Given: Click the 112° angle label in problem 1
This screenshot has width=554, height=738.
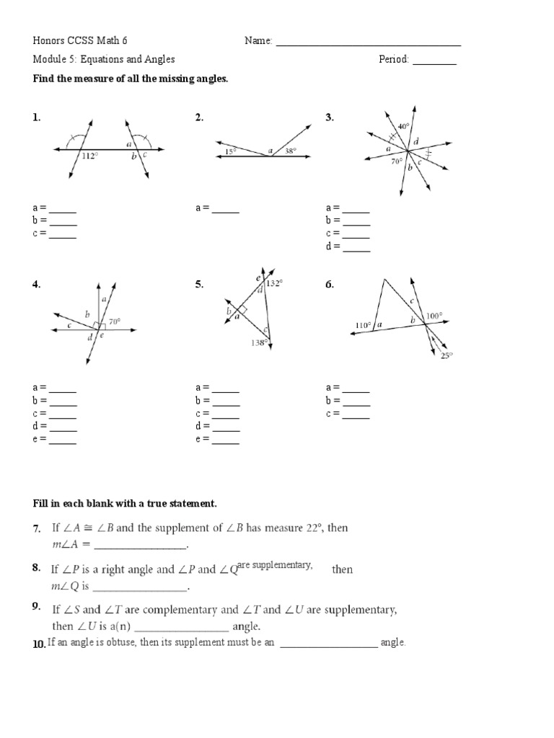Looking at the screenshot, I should [89, 156].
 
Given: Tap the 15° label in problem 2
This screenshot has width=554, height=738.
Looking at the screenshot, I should [229, 151].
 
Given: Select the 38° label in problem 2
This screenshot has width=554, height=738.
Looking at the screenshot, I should [290, 151].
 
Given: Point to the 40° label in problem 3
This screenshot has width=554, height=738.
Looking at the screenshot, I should [403, 126].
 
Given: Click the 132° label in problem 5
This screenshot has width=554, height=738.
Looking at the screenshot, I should [273, 284].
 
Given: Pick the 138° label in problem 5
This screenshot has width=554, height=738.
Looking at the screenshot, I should [259, 343].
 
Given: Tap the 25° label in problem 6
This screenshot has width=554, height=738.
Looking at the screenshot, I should [447, 355].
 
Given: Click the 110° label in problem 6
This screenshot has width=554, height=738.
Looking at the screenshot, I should [364, 325].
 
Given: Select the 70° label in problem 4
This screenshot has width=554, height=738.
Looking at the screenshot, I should [115, 321].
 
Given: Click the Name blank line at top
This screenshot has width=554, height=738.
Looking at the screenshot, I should [368, 45].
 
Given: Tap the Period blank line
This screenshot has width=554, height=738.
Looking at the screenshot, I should [434, 63].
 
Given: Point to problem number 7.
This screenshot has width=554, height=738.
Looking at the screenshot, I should [36, 529].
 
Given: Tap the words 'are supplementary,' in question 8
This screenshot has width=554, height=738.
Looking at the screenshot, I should [275, 565].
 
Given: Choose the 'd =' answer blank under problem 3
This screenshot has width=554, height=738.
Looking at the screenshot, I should [356, 250].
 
